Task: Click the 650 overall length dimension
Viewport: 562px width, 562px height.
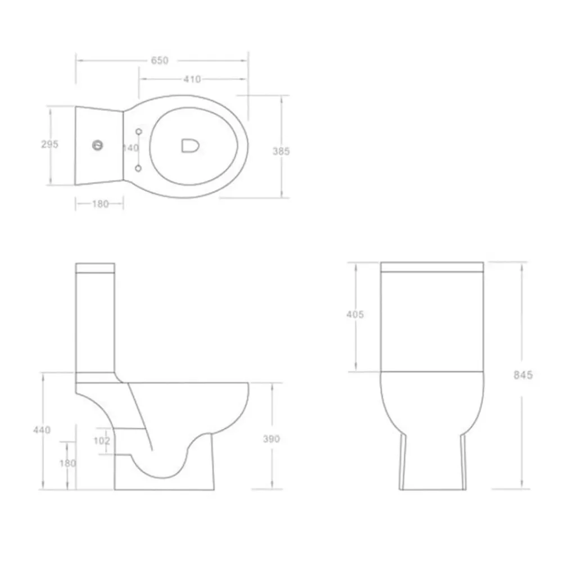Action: [160, 61]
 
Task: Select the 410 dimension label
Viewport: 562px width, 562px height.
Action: [192, 79]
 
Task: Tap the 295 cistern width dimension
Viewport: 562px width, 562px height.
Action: [49, 144]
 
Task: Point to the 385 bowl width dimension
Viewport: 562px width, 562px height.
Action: [281, 151]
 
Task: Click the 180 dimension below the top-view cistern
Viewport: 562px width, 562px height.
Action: [101, 204]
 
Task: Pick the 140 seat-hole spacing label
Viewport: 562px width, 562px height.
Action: [131, 148]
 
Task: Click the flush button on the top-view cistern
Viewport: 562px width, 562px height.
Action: [98, 146]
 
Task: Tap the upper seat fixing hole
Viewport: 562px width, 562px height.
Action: [139, 132]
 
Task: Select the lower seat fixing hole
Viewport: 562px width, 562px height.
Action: [138, 168]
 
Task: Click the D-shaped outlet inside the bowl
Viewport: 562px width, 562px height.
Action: [190, 146]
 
